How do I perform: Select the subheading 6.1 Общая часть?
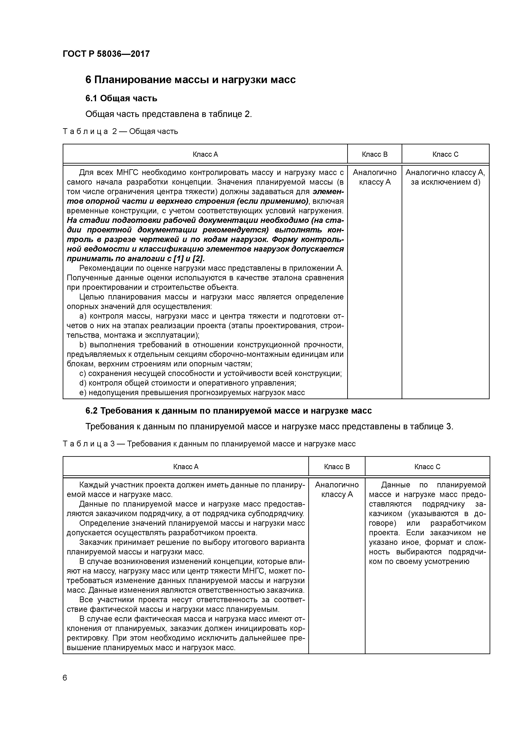(121, 98)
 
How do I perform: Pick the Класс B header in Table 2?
(374, 154)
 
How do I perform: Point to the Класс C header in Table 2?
(445, 154)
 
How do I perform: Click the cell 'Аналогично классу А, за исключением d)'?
(445, 177)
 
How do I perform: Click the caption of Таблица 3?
(209, 444)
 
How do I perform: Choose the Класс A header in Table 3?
(186, 467)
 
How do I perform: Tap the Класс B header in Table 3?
(337, 467)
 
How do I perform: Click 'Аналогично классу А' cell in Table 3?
(337, 490)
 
